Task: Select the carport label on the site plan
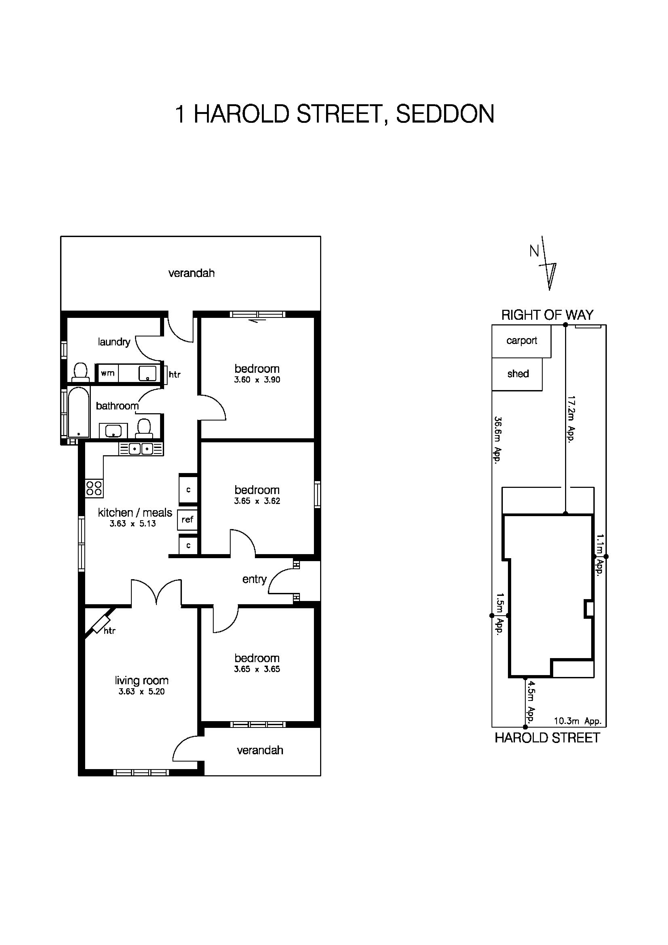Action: point(521,341)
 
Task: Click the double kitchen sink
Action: point(141,449)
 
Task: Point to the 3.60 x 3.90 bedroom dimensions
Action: point(257,380)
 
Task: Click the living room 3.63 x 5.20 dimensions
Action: point(141,692)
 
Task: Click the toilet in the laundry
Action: point(80,372)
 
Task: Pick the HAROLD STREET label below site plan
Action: point(547,738)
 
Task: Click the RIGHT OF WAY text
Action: point(547,315)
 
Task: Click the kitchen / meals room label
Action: point(134,512)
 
